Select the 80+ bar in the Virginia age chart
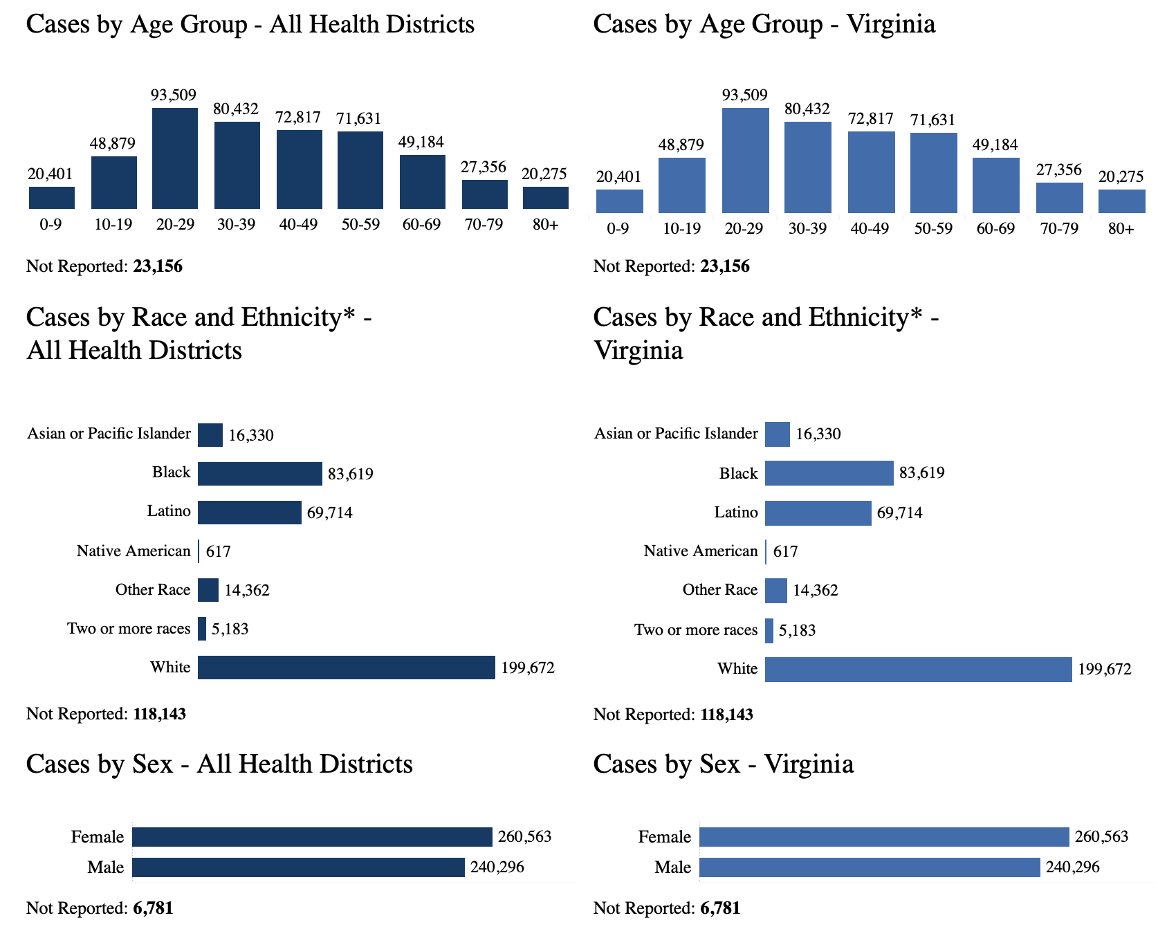point(1121,201)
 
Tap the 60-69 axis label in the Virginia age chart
point(995,228)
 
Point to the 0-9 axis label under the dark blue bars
point(50,225)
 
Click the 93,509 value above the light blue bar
point(744,95)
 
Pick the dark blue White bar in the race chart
point(346,668)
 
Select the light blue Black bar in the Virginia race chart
point(829,473)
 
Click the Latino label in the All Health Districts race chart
point(169,511)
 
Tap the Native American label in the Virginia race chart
point(701,551)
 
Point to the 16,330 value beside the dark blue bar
point(251,435)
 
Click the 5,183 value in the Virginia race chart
point(797,630)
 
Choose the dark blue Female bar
point(312,837)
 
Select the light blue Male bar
point(870,867)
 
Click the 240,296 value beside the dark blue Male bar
point(497,867)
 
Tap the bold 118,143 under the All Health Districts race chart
point(159,714)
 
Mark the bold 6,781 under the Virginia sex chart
point(720,908)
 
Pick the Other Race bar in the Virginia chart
point(776,590)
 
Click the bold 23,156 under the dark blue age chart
point(158,266)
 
